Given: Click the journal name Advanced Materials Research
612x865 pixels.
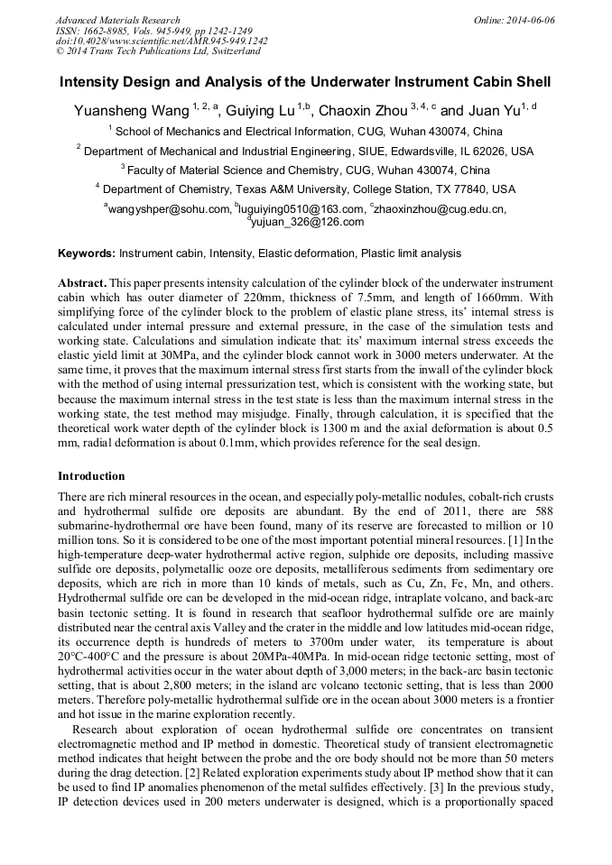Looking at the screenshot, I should tap(117, 20).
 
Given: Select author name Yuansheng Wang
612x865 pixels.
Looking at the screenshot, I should tap(130, 112).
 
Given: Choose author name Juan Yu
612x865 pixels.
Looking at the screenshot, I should tap(495, 112).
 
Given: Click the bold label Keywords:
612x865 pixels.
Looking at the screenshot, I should tap(87, 254).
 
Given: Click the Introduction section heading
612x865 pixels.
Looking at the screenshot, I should tap(91, 476).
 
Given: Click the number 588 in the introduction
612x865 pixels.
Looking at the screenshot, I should tap(542, 511).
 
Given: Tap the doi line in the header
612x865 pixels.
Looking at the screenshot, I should tap(162, 41).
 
